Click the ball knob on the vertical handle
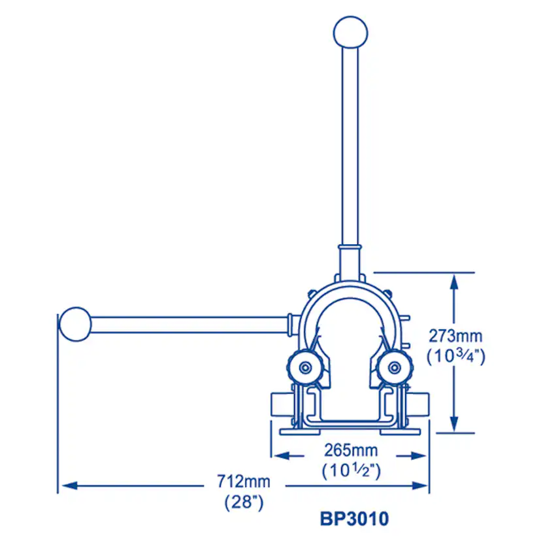(x=350, y=32)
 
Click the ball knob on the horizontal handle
(x=75, y=324)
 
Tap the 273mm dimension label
(x=455, y=336)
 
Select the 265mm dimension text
(x=351, y=450)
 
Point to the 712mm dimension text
(x=244, y=481)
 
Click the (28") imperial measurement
(x=244, y=502)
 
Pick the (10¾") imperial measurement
(x=456, y=356)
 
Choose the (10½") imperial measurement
(x=352, y=470)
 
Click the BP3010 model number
(x=354, y=519)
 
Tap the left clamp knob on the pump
(x=305, y=367)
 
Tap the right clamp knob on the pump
(x=395, y=367)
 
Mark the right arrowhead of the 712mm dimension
(x=420, y=485)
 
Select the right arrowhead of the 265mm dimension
(x=419, y=456)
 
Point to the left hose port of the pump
(x=282, y=404)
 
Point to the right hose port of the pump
(x=419, y=404)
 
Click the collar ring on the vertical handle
(x=350, y=248)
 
